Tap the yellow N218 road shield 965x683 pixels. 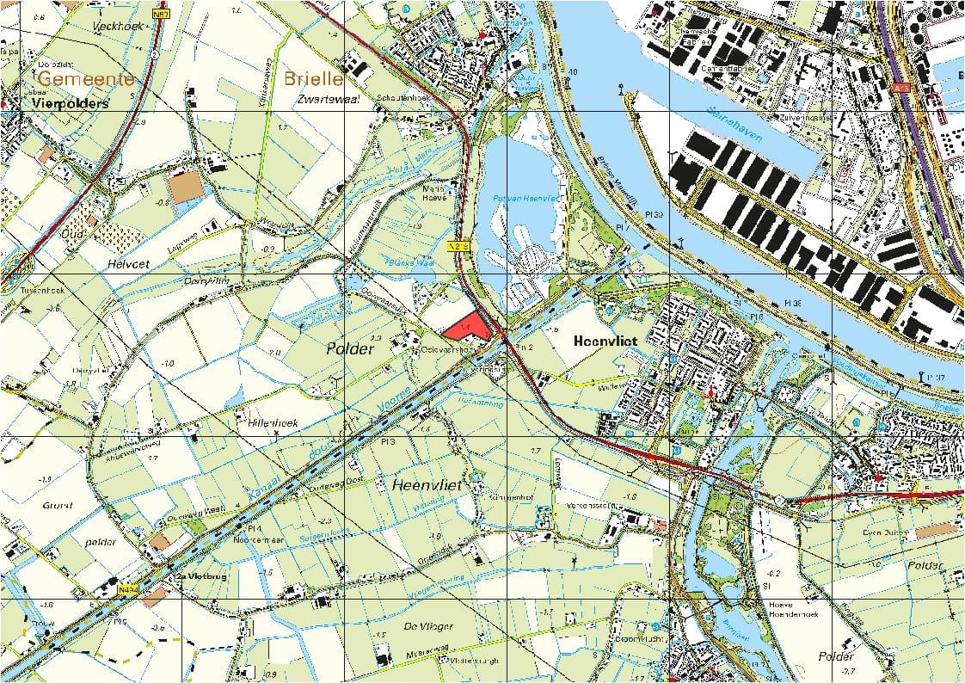[x=461, y=247]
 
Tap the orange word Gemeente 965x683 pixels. [x=86, y=79]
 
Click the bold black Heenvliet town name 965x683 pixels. [x=609, y=341]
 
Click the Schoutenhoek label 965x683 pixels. [x=409, y=97]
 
